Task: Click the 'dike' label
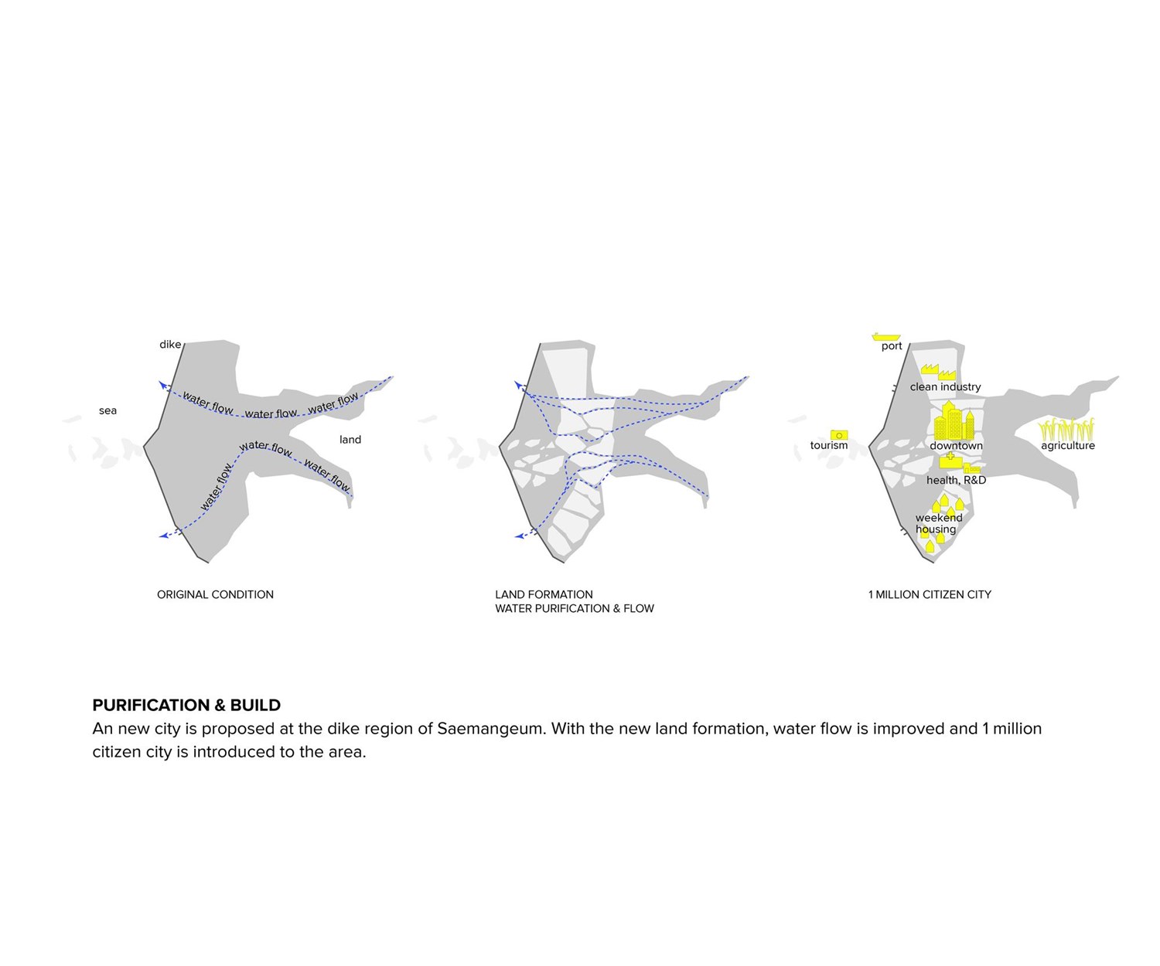point(170,345)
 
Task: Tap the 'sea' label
point(107,410)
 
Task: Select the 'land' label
point(350,440)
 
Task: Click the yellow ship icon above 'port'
point(886,336)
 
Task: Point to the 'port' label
point(892,346)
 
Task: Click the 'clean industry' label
point(945,386)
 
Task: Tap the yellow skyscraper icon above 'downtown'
point(954,422)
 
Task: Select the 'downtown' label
point(956,446)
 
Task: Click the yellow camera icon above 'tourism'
point(839,435)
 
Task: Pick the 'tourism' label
point(829,445)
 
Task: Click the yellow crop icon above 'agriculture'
point(1066,429)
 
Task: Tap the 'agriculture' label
point(1067,446)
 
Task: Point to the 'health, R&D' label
point(956,480)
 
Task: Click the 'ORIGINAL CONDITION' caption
point(215,594)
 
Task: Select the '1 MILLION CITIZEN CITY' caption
point(930,594)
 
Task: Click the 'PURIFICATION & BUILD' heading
point(186,705)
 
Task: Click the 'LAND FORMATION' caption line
point(544,594)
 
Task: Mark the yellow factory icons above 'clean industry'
point(938,372)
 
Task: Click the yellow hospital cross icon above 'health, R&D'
point(950,459)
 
